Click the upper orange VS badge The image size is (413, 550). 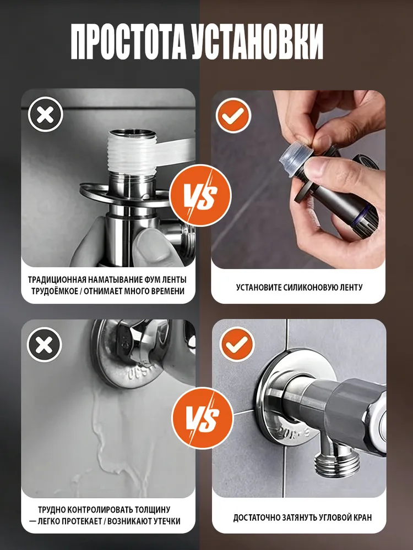pyautogui.click(x=200, y=195)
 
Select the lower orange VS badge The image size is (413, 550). pyautogui.click(x=203, y=418)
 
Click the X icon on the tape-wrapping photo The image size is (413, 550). pyautogui.click(x=45, y=115)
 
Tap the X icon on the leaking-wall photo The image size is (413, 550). pyautogui.click(x=45, y=345)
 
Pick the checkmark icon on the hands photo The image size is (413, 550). pyautogui.click(x=233, y=116)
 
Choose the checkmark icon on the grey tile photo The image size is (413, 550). pyautogui.click(x=237, y=344)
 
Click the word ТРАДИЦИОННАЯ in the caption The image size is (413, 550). pyautogui.click(x=57, y=280)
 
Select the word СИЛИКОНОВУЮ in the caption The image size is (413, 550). pyautogui.click(x=311, y=287)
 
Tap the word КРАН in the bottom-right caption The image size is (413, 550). pyautogui.click(x=362, y=518)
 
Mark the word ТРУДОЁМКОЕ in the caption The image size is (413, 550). pyautogui.click(x=55, y=291)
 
